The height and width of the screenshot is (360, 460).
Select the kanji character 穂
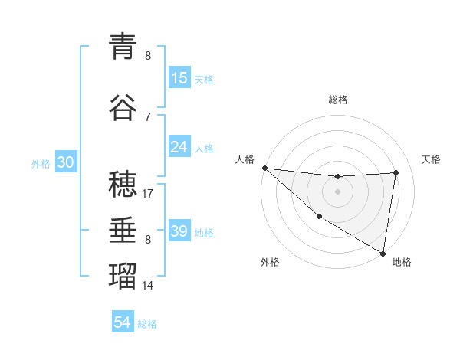point(123,185)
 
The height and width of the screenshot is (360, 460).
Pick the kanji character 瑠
point(123,275)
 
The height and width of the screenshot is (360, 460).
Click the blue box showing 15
point(179,78)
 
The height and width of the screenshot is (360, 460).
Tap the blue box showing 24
point(179,147)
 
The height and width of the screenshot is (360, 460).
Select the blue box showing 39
point(179,232)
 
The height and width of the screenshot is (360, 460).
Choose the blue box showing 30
point(65,163)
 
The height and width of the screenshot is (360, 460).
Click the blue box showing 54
point(123,323)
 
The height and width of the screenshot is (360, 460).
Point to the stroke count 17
point(148,195)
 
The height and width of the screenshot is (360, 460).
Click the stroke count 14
point(148,286)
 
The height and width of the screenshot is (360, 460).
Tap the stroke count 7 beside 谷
point(148,116)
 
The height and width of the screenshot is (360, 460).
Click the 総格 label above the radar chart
point(337,100)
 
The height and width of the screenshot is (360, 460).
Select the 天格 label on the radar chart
point(432,159)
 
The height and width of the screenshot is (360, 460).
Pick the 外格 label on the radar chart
point(270,262)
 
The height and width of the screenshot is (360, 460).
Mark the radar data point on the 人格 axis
point(264,168)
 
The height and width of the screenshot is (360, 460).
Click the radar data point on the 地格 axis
point(382,254)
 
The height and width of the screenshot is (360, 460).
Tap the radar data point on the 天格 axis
point(396,172)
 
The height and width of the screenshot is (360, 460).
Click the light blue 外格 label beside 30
point(41,164)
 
